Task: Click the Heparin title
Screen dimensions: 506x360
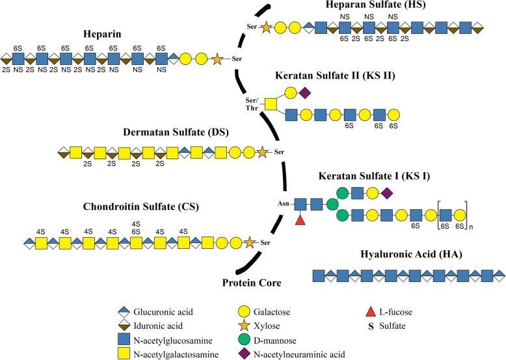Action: tap(102, 34)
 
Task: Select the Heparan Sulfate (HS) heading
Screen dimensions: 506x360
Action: tap(375, 5)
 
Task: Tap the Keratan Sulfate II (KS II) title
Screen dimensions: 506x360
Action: tap(335, 75)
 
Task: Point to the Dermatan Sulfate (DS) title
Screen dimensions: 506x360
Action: tap(176, 132)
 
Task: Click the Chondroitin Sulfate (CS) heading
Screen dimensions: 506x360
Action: tap(140, 206)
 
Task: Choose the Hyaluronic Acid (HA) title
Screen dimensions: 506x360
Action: tap(411, 254)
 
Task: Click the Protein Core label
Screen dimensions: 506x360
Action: tap(252, 283)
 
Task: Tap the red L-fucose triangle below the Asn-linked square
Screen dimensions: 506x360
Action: tap(300, 220)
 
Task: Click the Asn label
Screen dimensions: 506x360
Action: tap(283, 203)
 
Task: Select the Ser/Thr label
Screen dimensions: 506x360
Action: tap(252, 104)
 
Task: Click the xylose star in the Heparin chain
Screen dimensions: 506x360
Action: tap(217, 59)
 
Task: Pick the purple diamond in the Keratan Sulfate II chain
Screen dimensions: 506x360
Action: tap(305, 93)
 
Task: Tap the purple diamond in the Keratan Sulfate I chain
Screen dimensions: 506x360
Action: tap(387, 194)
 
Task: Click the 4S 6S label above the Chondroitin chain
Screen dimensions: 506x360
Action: tap(136, 227)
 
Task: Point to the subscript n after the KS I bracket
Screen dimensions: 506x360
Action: tap(471, 227)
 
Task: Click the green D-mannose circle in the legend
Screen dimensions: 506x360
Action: tap(244, 340)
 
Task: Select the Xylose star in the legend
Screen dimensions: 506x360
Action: tap(244, 326)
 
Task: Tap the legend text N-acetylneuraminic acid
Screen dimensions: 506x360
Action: tap(299, 355)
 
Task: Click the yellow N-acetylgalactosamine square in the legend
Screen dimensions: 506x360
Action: tap(124, 354)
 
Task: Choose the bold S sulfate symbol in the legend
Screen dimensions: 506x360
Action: tap(371, 326)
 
